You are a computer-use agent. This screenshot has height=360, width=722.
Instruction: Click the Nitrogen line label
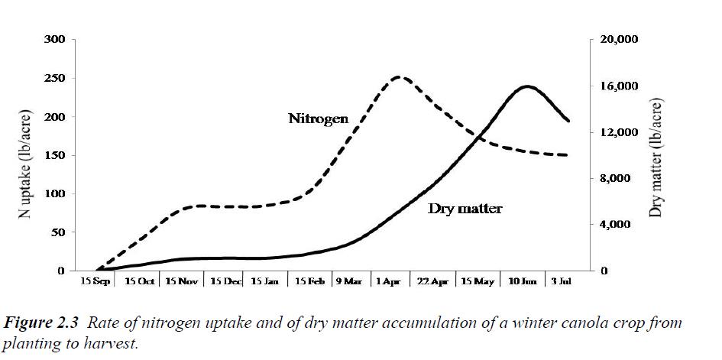[x=318, y=118]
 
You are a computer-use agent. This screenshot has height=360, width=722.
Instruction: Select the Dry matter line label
[x=465, y=208]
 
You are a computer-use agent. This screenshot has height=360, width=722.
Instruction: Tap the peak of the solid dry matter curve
[x=527, y=86]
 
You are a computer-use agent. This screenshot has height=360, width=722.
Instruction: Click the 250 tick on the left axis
[x=57, y=78]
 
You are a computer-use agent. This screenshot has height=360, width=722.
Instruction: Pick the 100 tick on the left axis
[x=57, y=193]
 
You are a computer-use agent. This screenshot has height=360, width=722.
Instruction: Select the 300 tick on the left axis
[x=57, y=39]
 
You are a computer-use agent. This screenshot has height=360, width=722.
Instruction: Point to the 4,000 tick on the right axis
[x=619, y=225]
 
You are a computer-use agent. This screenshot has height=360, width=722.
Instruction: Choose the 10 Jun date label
[x=523, y=281]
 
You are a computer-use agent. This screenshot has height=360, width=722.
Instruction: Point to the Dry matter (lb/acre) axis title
[x=656, y=156]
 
